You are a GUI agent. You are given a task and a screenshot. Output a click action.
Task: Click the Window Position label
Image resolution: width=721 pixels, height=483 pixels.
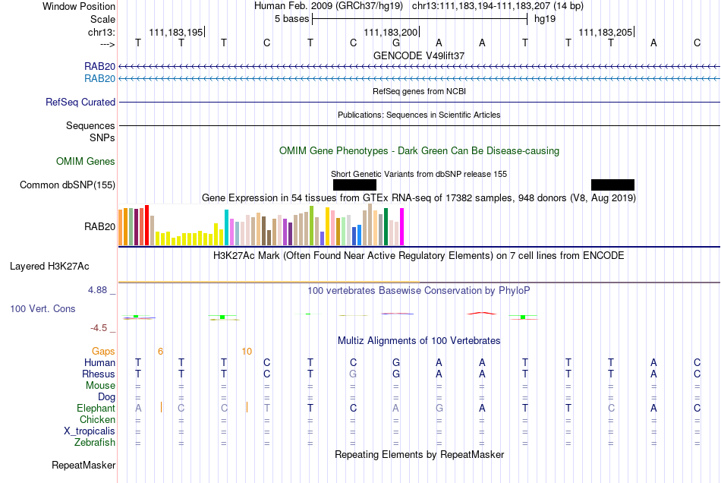[x=79, y=6]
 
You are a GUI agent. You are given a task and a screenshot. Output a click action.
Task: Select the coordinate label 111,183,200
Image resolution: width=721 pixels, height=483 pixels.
[x=390, y=32]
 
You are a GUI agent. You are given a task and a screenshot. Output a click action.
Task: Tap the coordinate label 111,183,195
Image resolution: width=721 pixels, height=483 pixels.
[x=175, y=32]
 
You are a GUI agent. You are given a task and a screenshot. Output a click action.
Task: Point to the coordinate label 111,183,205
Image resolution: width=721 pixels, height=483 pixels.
[x=605, y=32]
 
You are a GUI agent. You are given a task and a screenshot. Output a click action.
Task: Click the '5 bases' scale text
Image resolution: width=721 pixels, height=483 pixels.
[x=292, y=19]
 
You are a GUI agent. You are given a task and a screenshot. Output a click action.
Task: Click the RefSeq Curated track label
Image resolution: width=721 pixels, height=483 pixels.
[x=80, y=102]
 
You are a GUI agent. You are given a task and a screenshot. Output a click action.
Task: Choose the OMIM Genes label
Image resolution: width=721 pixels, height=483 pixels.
[x=86, y=162]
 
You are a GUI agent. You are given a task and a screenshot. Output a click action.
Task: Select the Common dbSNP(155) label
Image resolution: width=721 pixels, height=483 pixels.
[x=68, y=185]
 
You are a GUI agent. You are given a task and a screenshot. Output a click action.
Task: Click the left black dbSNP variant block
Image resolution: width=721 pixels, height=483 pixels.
[x=354, y=185]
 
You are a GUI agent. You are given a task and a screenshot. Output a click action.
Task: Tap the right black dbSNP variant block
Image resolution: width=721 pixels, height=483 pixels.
[x=612, y=185]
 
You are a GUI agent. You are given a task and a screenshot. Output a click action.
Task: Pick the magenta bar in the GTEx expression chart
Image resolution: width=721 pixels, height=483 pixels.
[x=402, y=227]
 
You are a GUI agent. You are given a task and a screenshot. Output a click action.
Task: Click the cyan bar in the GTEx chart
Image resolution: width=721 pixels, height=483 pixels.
[x=227, y=228]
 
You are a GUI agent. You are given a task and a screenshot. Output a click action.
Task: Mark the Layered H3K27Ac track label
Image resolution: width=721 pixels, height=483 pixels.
[x=49, y=267]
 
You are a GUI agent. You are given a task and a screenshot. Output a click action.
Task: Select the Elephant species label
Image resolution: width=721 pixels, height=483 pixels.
[x=96, y=409]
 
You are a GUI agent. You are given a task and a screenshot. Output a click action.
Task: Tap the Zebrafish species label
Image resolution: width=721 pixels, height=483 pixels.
[x=95, y=443]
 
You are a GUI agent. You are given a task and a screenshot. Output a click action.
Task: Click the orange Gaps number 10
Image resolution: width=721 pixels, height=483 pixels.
[x=247, y=352]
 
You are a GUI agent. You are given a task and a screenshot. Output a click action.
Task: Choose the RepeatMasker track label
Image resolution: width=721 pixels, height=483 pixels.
[x=83, y=466]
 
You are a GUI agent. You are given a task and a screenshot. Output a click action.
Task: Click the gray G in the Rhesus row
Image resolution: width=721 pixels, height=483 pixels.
[x=353, y=374]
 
